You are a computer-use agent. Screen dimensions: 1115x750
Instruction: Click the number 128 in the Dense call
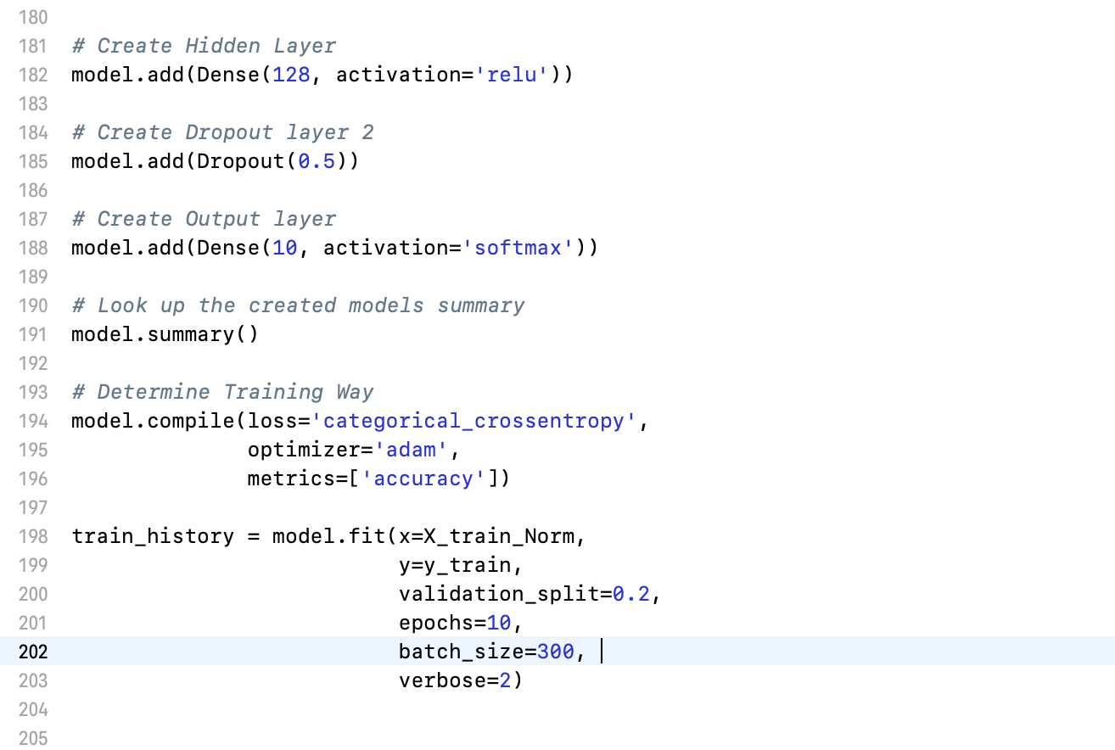(291, 75)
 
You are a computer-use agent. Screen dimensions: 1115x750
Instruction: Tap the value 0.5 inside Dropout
(317, 161)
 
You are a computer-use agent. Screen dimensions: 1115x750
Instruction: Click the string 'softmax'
(518, 248)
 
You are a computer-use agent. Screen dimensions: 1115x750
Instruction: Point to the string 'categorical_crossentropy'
(474, 421)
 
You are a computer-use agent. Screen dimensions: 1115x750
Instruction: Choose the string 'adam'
(411, 450)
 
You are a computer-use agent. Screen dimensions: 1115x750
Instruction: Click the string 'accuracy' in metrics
(423, 479)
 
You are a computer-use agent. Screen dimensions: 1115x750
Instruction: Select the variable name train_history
(153, 536)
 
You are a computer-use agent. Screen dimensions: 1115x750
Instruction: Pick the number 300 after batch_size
(556, 652)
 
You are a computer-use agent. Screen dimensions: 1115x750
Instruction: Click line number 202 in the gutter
(33, 652)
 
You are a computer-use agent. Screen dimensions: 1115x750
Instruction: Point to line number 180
(33, 17)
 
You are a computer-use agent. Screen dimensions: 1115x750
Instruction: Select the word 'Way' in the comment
(355, 392)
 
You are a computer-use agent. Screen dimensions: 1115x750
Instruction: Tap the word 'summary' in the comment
(481, 305)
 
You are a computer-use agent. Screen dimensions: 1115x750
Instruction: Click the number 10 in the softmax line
(285, 248)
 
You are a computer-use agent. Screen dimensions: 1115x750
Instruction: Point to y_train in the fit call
(455, 565)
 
